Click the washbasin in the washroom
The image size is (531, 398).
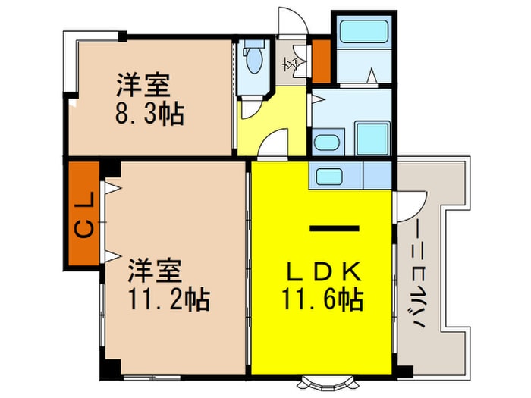(328, 143)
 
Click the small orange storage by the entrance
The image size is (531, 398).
(321, 61)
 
